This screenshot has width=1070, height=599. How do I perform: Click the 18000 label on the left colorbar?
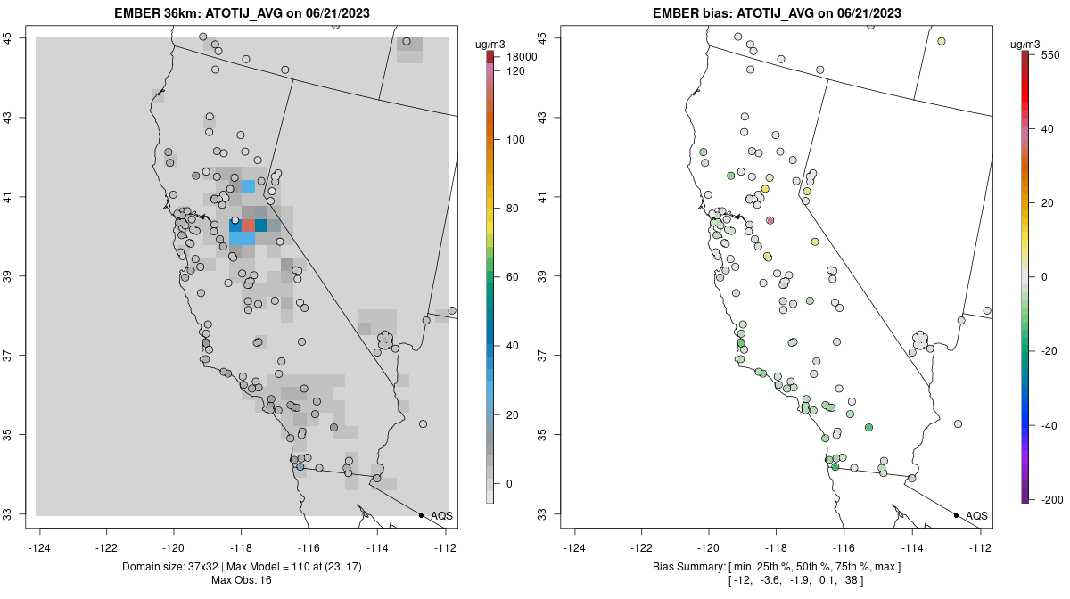[x=519, y=57]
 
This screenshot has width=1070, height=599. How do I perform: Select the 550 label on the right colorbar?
[x=1049, y=54]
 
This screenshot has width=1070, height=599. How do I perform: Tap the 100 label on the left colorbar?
[x=515, y=140]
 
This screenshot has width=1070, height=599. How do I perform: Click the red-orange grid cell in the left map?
[x=248, y=226]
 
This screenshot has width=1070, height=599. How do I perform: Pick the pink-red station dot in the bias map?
[x=770, y=220]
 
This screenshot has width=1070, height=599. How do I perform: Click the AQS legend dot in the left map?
[x=421, y=515]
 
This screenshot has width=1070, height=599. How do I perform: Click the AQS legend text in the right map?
[x=976, y=516]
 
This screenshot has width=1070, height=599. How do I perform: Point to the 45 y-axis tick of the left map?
[x=18, y=37]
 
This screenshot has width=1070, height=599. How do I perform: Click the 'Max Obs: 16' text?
[x=241, y=580]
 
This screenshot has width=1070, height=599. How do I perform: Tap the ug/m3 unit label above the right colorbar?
[x=1028, y=44]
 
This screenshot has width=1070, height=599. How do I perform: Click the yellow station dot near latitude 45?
[x=942, y=41]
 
